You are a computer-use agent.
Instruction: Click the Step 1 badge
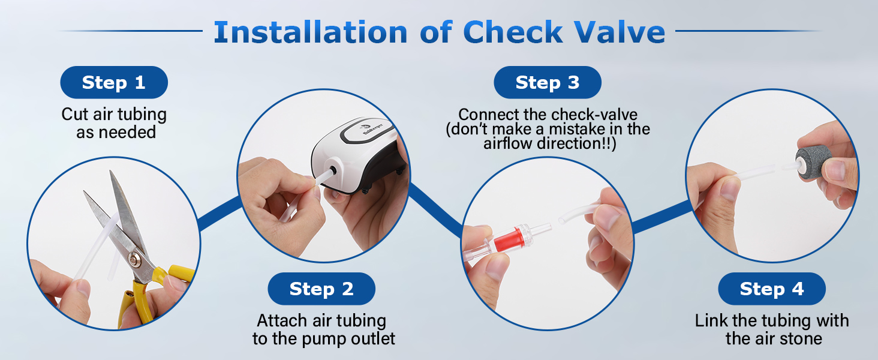[x=114, y=82]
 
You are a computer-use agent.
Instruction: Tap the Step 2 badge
[x=321, y=289]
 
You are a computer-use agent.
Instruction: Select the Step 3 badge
[x=548, y=82]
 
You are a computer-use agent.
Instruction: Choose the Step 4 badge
[x=772, y=289]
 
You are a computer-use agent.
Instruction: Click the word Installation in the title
[x=311, y=32]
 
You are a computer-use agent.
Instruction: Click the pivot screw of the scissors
[x=135, y=260]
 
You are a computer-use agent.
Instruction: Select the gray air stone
[x=808, y=163]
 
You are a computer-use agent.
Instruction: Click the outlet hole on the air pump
[x=333, y=170]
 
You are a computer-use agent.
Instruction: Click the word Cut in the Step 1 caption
[x=75, y=115]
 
